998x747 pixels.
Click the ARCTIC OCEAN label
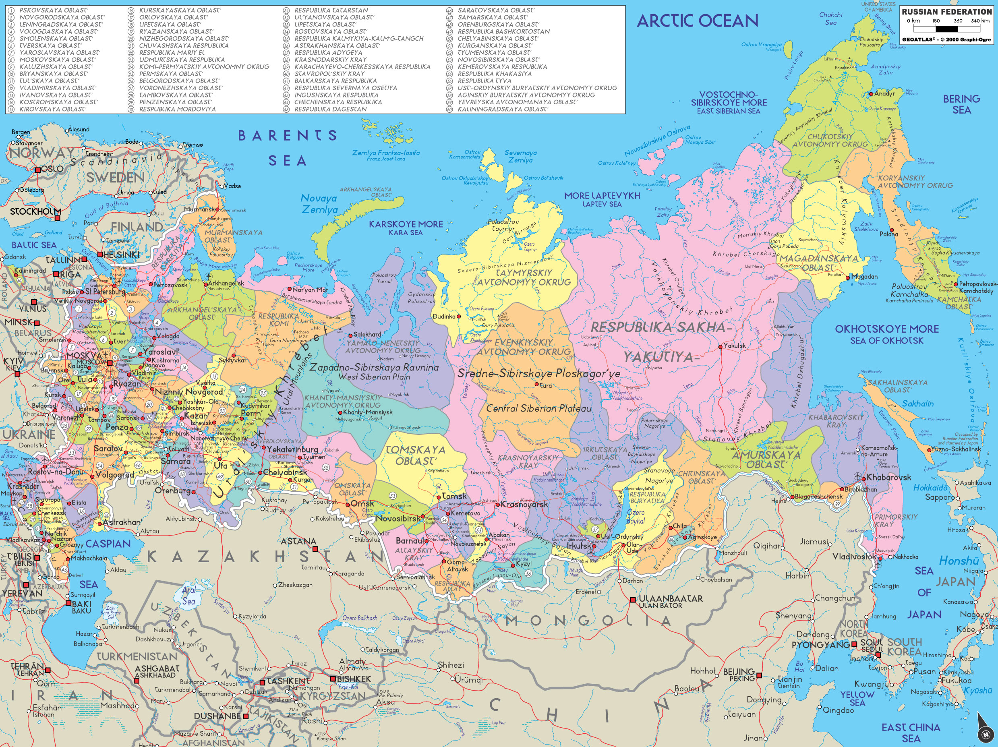697,21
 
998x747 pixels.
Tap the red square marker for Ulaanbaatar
633,600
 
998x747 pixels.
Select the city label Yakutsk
734,346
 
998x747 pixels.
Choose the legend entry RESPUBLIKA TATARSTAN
331,10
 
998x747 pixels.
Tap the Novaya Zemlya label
319,204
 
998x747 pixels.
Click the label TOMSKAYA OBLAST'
415,455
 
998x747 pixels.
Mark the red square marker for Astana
315,548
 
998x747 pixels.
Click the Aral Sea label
188,596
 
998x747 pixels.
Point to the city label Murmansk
199,210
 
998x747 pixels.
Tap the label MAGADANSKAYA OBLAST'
818,263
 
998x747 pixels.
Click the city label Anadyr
884,94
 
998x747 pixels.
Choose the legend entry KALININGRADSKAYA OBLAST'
503,109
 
